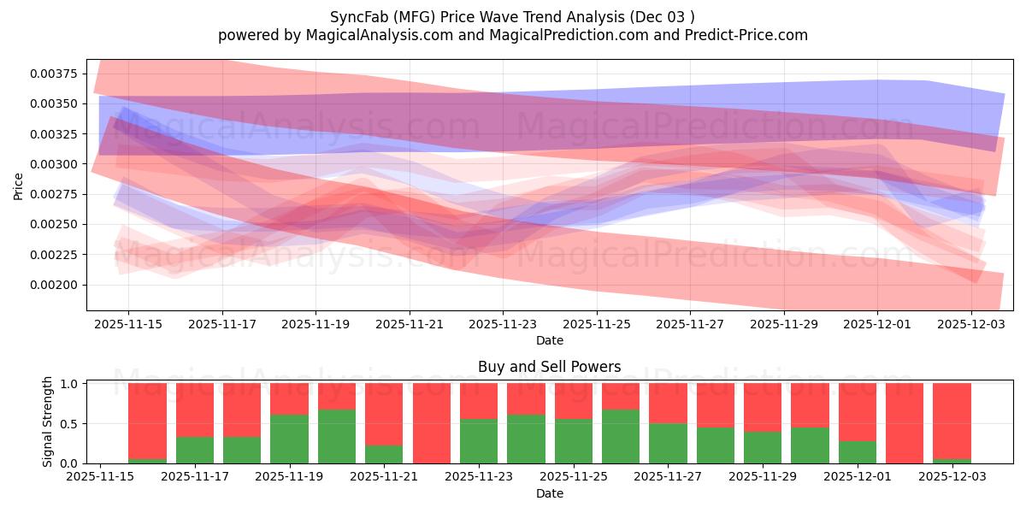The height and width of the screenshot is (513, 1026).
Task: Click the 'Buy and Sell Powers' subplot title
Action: tap(549, 367)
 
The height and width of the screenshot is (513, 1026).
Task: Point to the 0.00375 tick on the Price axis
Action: tap(53, 74)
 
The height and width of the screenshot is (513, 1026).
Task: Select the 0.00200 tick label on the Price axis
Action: tap(53, 285)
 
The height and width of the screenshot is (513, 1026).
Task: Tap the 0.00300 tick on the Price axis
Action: tap(53, 164)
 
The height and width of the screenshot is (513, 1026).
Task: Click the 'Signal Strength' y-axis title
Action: tap(48, 422)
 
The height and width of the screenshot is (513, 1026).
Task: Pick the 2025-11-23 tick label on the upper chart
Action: tap(503, 325)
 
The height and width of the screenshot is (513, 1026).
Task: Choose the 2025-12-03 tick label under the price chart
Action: tap(971, 325)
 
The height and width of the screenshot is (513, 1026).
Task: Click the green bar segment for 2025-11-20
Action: tap(337, 436)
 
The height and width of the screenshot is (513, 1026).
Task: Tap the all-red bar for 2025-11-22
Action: tap(431, 423)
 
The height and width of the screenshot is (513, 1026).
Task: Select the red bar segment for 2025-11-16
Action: tap(147, 420)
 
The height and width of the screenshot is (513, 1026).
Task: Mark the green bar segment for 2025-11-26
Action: tap(621, 436)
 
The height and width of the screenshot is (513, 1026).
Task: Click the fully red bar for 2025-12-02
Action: tap(905, 423)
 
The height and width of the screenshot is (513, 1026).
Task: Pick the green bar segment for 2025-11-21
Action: tap(384, 454)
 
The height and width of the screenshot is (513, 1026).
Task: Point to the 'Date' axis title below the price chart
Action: tap(549, 340)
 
